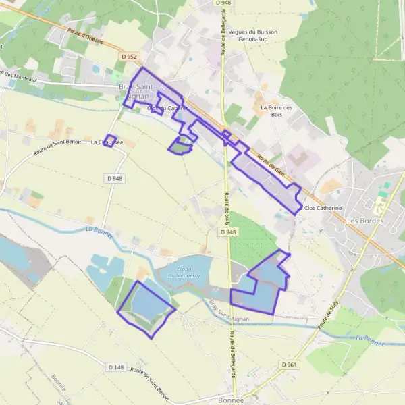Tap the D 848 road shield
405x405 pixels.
pyautogui.click(x=115, y=178)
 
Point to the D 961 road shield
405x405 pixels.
pyautogui.click(x=288, y=364)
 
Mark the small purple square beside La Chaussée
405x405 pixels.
pyautogui.click(x=111, y=140)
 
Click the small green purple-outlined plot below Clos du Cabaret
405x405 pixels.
pyautogui.click(x=180, y=145)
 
